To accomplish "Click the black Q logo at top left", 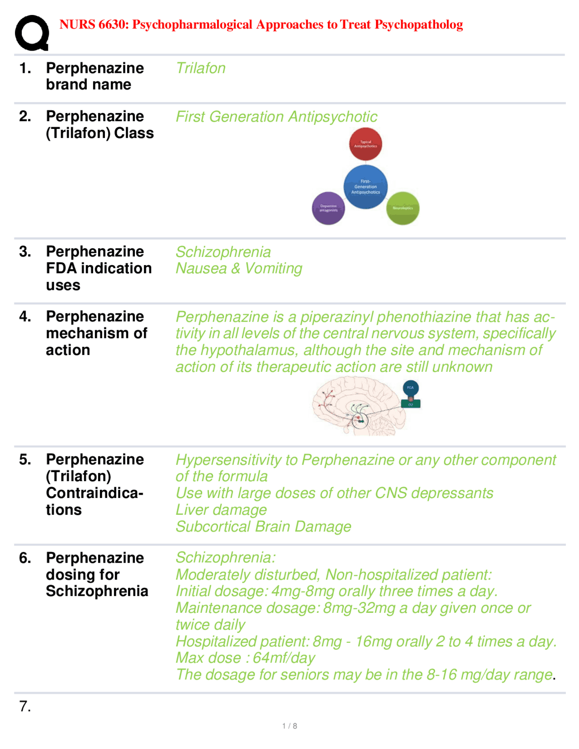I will (32, 33).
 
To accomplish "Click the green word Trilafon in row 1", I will (200, 68).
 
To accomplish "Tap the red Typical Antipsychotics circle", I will (365, 144).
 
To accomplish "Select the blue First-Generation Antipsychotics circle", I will (365, 187).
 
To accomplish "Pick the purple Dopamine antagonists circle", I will (328, 208).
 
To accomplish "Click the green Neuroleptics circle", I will (403, 208).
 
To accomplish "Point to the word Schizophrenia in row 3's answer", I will (223, 252).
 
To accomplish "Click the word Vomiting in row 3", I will (273, 269).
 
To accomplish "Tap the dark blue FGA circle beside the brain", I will (410, 388).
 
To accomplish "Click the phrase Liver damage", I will (221, 510).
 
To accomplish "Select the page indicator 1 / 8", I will (289, 726).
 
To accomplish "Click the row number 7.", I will (25, 706).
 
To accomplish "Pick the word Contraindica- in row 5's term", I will (95, 493).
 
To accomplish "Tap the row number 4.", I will (25, 317).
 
